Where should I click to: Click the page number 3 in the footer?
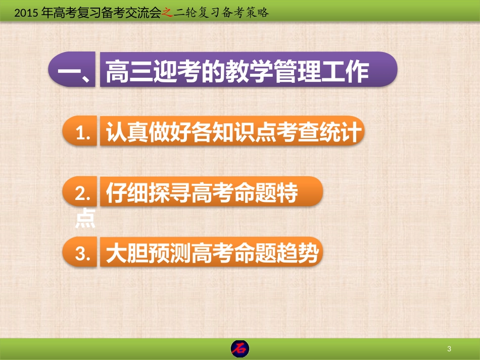[449, 349]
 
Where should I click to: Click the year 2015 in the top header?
[26, 14]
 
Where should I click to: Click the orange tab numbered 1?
[80, 133]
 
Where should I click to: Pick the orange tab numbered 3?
[80, 254]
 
